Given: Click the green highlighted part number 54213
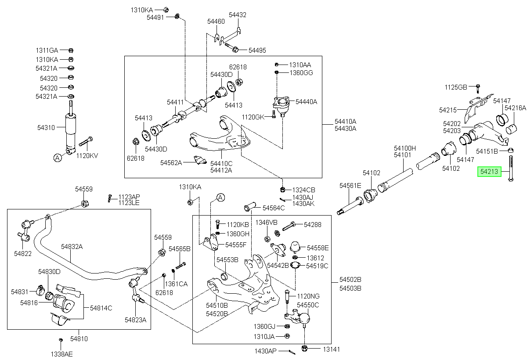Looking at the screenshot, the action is pos(489,172).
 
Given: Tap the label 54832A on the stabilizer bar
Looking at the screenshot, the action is pos(72,247).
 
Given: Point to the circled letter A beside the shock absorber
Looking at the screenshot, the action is pos(58,158).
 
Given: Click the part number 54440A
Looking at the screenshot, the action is pos(307,101).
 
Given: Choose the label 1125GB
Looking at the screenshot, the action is pos(456,87).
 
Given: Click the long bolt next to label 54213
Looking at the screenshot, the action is pos(510,168).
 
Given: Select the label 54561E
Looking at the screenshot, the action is pos(350,186).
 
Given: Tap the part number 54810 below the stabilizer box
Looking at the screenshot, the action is pos(79,339).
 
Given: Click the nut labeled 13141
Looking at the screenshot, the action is pos(304,348).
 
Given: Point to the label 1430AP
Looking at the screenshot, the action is pos(265,351).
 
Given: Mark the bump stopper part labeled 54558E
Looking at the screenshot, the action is pos(295,247).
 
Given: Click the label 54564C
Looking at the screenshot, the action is pos(274,208).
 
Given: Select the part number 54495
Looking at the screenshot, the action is pos(257,50).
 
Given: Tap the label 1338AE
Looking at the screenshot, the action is pos(61,354).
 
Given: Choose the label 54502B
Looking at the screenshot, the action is pos(350,280).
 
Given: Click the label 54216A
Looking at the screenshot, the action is pos(515,108).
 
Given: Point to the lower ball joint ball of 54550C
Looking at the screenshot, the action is pos(304,318).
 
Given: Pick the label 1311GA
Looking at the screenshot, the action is pos(47,50).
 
